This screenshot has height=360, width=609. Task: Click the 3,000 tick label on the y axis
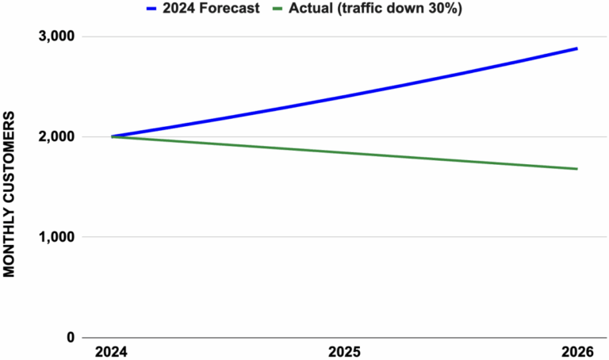[x=56, y=36]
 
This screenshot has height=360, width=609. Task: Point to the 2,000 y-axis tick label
[x=56, y=136]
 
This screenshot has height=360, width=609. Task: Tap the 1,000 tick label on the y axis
[x=56, y=237]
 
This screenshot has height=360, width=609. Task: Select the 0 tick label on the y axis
[x=71, y=337]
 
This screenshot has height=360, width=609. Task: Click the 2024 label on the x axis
[x=112, y=352]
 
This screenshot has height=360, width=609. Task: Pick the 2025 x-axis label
[x=344, y=352]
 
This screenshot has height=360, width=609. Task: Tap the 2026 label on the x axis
[x=577, y=352]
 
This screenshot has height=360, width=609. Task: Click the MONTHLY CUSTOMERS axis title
[x=9, y=194]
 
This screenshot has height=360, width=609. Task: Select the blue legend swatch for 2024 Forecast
[x=151, y=9]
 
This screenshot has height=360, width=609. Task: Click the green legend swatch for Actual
[x=278, y=9]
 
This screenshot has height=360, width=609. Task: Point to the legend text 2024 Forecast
[x=211, y=8]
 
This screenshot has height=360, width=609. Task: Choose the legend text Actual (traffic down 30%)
[x=376, y=8]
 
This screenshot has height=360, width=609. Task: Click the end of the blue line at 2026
[x=577, y=48]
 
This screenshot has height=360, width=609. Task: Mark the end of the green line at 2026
[x=577, y=169]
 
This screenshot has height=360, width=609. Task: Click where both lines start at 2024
[x=112, y=136]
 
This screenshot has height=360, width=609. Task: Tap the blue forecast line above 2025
[x=344, y=97]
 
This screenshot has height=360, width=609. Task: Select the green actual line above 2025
[x=344, y=152]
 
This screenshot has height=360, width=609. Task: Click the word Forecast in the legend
[x=229, y=8]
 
